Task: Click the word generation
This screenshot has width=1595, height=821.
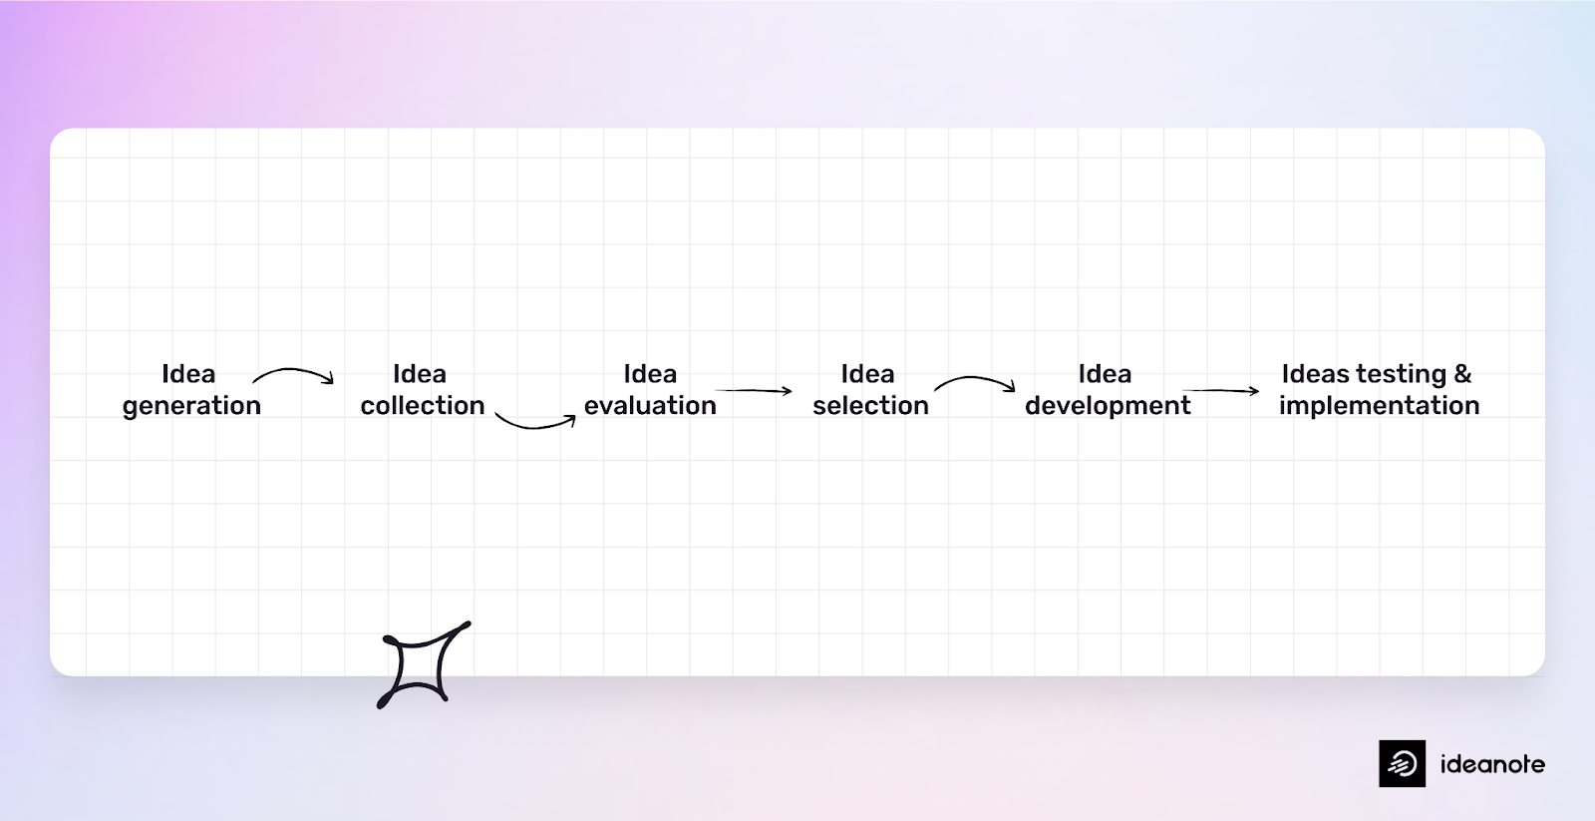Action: (x=191, y=406)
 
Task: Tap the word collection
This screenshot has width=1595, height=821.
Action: (x=423, y=406)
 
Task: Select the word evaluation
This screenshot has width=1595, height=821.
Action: (x=650, y=406)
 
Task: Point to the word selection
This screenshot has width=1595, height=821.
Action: (x=870, y=406)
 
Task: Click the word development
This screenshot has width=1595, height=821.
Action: (x=1108, y=406)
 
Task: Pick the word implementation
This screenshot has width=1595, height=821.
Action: (x=1379, y=406)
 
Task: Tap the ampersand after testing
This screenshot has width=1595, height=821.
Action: (x=1462, y=374)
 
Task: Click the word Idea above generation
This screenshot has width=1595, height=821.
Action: (x=188, y=374)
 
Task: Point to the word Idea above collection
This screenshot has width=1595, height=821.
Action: (x=420, y=374)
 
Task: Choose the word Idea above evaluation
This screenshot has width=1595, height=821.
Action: (x=650, y=374)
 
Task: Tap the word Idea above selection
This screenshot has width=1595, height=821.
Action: (x=867, y=374)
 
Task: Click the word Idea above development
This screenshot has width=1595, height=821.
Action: (x=1105, y=374)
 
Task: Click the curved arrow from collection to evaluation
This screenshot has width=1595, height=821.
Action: (x=535, y=423)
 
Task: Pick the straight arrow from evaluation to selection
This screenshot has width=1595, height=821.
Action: (x=754, y=390)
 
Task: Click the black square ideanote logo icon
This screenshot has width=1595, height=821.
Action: (x=1402, y=763)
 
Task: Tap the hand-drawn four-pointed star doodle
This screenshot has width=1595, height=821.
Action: (x=423, y=663)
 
